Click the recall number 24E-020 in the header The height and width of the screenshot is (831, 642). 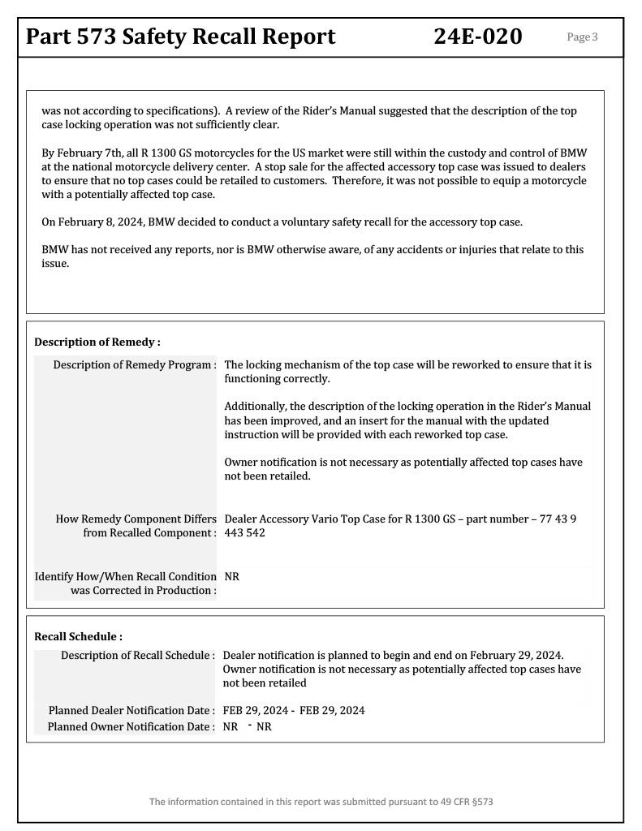479,36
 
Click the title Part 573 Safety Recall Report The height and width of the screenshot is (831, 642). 181,36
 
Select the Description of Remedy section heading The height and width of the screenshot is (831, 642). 97,342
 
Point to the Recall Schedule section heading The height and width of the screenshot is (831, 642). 78,636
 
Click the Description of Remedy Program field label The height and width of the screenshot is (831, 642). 135,364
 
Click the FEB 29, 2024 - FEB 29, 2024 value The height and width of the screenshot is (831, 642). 294,710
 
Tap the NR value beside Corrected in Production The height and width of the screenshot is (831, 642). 231,575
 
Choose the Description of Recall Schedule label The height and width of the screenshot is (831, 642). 138,654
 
